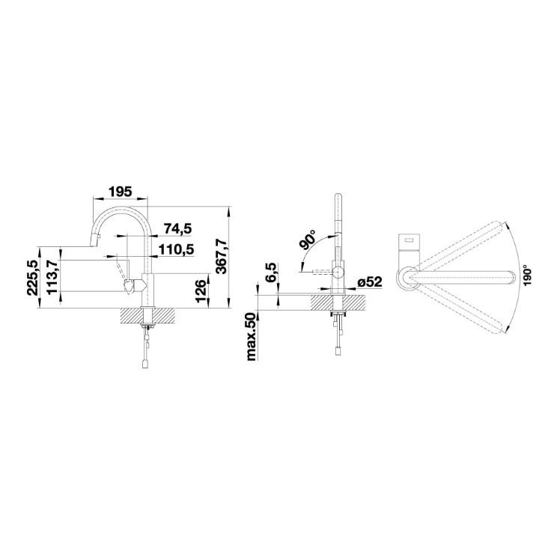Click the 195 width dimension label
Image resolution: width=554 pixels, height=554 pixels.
[x=120, y=192]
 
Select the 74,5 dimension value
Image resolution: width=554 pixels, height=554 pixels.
[x=177, y=229]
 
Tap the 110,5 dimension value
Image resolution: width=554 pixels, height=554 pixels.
[x=176, y=250]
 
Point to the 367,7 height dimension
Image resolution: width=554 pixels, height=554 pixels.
[x=221, y=256]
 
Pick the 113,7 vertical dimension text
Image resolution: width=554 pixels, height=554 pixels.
[x=52, y=277]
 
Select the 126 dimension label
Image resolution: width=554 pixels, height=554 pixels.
[x=201, y=290]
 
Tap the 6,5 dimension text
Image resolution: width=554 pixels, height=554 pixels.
[x=272, y=273]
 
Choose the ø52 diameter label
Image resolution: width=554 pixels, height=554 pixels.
[x=370, y=282]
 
